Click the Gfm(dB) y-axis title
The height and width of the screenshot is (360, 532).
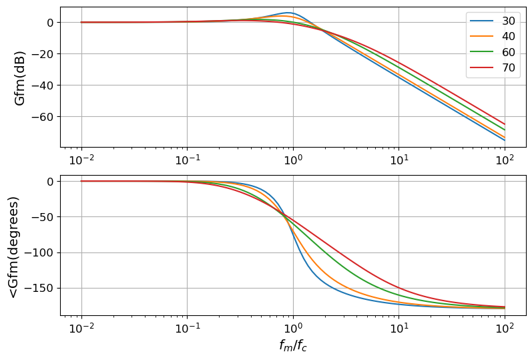pyautogui.click(x=20, y=77)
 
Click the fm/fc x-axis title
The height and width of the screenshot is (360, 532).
pyautogui.click(x=293, y=346)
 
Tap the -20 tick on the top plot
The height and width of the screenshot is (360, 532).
pyautogui.click(x=43, y=53)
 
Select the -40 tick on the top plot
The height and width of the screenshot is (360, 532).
pyautogui.click(x=43, y=85)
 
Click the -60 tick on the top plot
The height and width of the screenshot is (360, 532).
pyautogui.click(x=43, y=116)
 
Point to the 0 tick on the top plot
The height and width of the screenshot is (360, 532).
pyautogui.click(x=51, y=22)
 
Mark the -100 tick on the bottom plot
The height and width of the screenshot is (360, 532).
pyautogui.click(x=41, y=252)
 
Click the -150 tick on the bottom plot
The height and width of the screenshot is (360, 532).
pyautogui.click(x=41, y=289)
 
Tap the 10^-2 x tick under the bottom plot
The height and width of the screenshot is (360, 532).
pyautogui.click(x=81, y=329)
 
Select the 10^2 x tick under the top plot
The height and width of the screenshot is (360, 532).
pyautogui.click(x=505, y=161)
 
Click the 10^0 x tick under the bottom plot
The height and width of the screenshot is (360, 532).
pyautogui.click(x=292, y=329)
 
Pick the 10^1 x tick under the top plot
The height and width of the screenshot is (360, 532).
pyautogui.click(x=398, y=161)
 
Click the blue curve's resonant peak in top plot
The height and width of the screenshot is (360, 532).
pyautogui.click(x=288, y=13)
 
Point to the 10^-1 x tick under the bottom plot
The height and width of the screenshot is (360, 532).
pyautogui.click(x=187, y=329)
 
